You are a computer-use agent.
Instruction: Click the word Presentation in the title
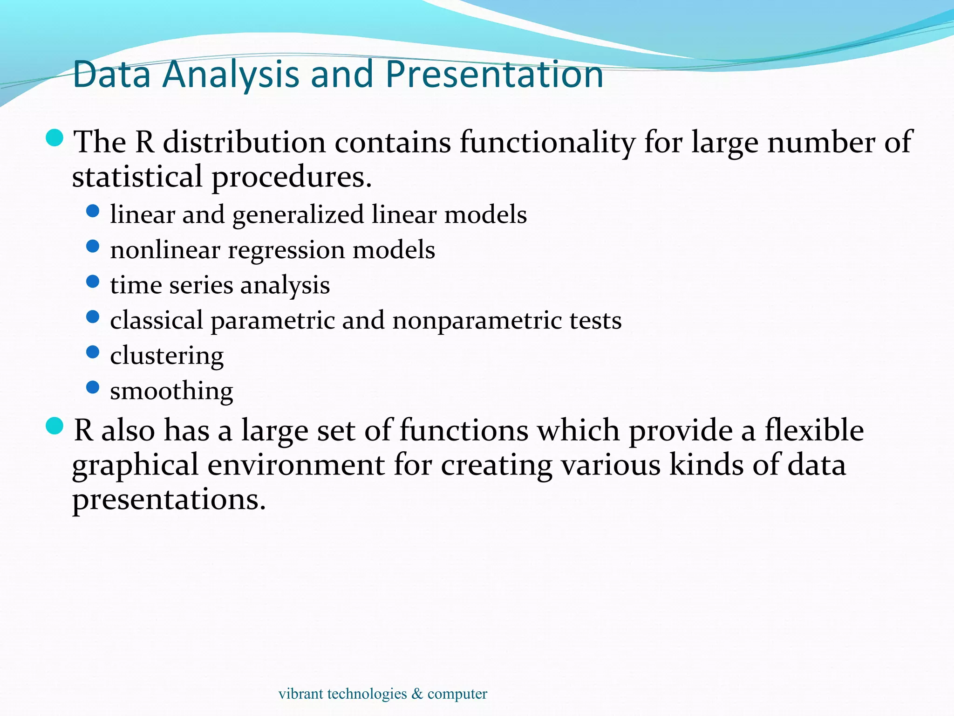(x=494, y=75)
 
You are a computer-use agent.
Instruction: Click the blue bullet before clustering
(x=93, y=352)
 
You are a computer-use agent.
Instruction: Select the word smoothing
(x=171, y=391)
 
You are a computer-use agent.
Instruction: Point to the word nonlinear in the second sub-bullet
(x=165, y=250)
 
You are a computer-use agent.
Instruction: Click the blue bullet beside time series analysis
(x=93, y=282)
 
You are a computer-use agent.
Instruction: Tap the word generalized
(x=298, y=215)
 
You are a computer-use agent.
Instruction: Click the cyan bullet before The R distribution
(x=55, y=138)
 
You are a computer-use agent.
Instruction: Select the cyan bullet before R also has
(x=55, y=426)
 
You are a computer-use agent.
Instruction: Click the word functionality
(x=547, y=142)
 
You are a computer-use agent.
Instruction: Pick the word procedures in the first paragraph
(x=292, y=178)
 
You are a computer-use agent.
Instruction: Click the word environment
(x=296, y=465)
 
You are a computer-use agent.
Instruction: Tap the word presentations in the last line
(x=169, y=500)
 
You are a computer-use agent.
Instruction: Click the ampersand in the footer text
(x=417, y=694)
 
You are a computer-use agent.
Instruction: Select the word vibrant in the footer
(x=300, y=694)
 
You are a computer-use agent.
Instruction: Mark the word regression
(x=286, y=251)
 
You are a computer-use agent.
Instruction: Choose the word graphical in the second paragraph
(x=135, y=466)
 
